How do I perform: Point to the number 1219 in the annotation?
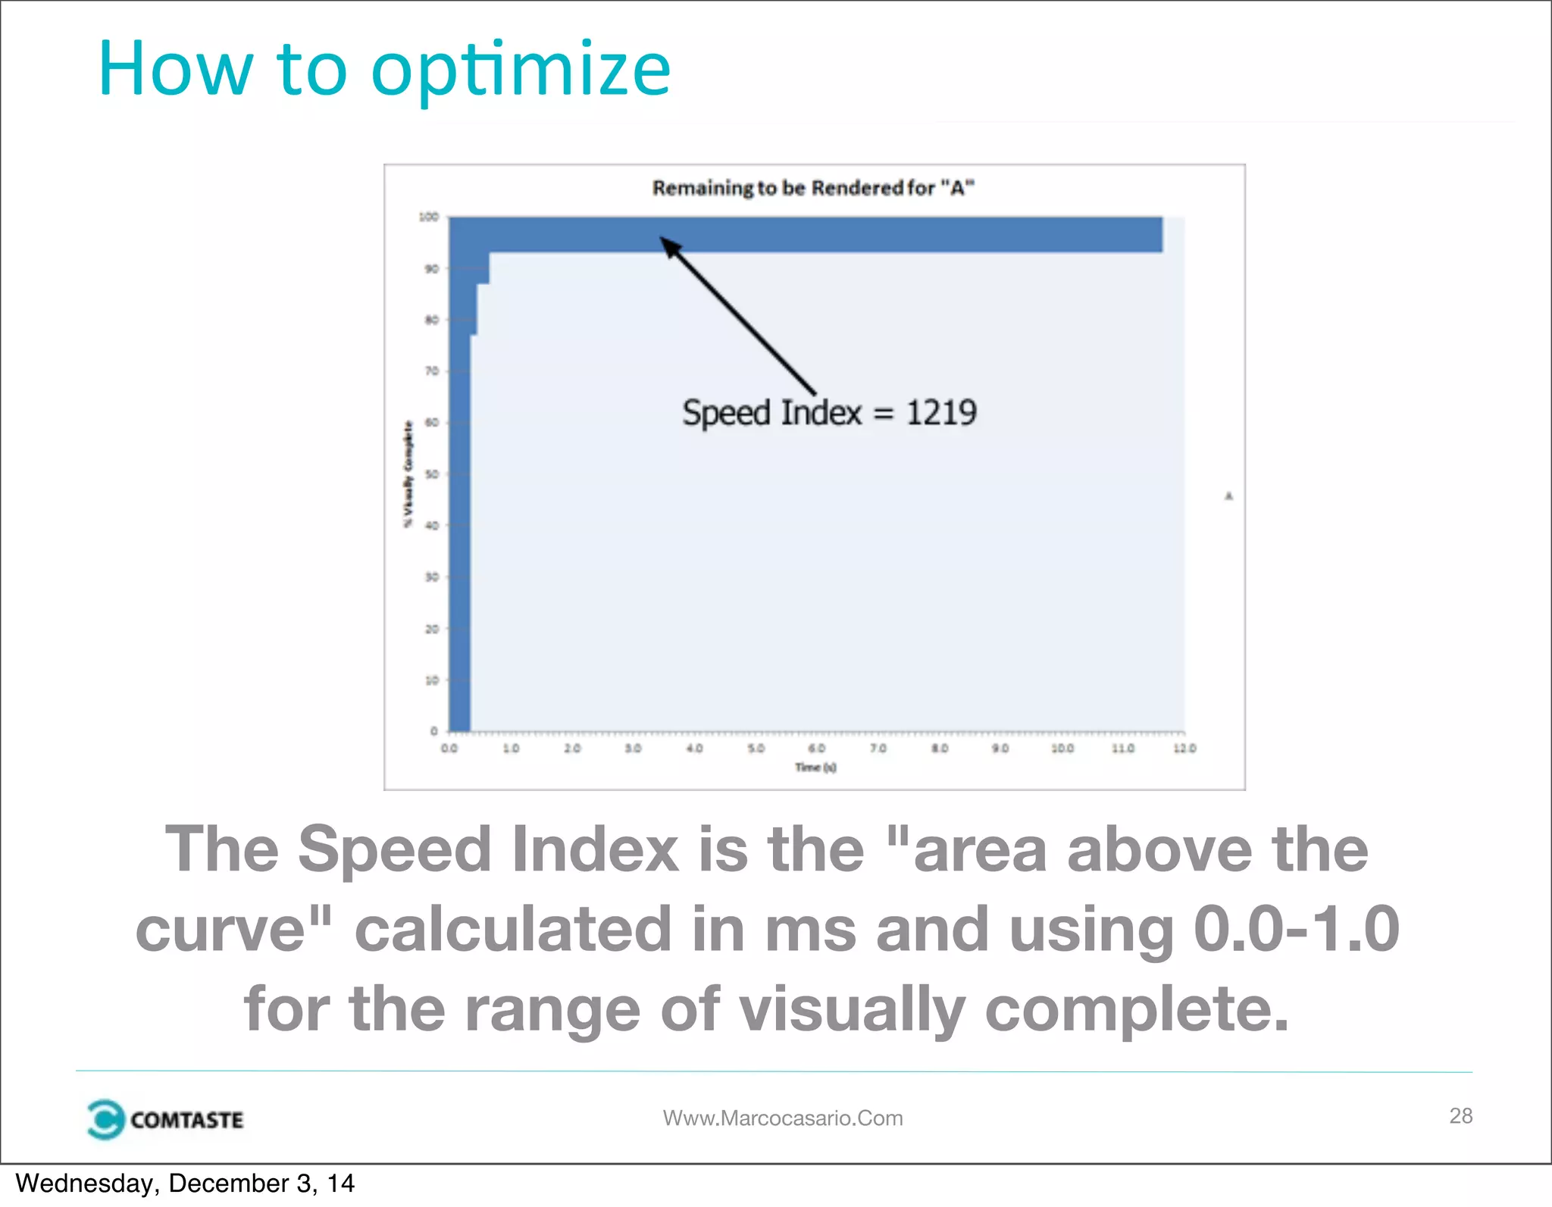click(x=941, y=413)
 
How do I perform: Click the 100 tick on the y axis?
click(x=428, y=217)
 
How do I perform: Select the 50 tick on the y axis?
click(x=431, y=474)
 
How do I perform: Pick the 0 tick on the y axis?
click(x=433, y=731)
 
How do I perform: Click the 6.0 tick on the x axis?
click(x=816, y=749)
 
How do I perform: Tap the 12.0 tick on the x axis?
click(x=1184, y=749)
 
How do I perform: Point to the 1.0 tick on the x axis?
click(x=511, y=749)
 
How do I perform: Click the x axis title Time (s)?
click(x=815, y=768)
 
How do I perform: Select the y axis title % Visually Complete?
click(x=408, y=474)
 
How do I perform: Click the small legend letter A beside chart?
click(x=1228, y=496)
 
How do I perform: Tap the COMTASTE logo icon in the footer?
click(x=105, y=1119)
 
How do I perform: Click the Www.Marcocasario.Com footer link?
click(x=783, y=1118)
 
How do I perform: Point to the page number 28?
click(x=1460, y=1115)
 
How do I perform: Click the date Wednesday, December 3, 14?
click(x=185, y=1184)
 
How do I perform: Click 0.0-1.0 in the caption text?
click(x=1296, y=930)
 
